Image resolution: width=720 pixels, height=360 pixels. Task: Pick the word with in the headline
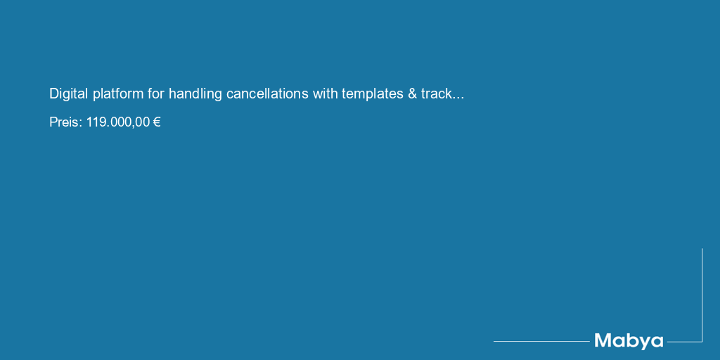pyautogui.click(x=325, y=94)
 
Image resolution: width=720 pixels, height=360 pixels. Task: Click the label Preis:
pyautogui.click(x=66, y=122)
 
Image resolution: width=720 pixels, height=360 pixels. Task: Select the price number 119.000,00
pyautogui.click(x=118, y=122)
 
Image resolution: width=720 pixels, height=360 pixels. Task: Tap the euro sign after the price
pyautogui.click(x=157, y=122)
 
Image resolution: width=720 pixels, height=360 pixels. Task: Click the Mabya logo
pyautogui.click(x=629, y=341)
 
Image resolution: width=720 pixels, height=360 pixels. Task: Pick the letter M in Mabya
pyautogui.click(x=603, y=340)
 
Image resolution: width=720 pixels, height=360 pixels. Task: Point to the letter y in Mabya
pyautogui.click(x=642, y=342)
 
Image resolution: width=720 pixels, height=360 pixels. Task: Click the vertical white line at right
pyautogui.click(x=702, y=295)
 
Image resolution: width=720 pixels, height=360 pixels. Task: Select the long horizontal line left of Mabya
pyautogui.click(x=542, y=341)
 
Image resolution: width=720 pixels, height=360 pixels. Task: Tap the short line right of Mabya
pyautogui.click(x=685, y=342)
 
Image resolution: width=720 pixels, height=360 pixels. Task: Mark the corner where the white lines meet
pyautogui.click(x=702, y=342)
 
